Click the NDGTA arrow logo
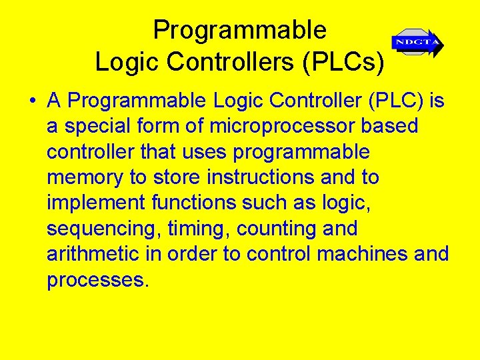pos(417,43)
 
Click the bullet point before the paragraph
pos(32,102)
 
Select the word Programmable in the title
pos(239,30)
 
